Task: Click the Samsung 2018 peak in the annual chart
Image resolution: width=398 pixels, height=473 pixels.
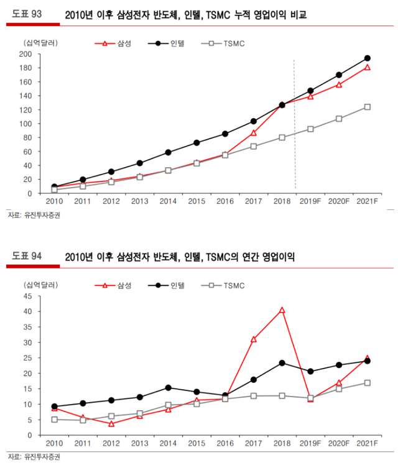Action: pyautogui.click(x=282, y=310)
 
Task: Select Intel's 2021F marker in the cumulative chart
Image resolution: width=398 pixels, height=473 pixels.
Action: pyautogui.click(x=367, y=58)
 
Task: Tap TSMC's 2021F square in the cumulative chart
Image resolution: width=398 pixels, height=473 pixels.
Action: pyautogui.click(x=367, y=107)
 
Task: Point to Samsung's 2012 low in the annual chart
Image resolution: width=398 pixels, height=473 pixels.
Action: pyautogui.click(x=111, y=424)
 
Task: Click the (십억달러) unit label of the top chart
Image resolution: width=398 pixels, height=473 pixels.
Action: pyautogui.click(x=40, y=42)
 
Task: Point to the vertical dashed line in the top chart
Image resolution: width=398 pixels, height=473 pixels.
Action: pyautogui.click(x=295, y=124)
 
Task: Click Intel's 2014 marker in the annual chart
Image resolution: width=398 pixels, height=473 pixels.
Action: pyautogui.click(x=168, y=388)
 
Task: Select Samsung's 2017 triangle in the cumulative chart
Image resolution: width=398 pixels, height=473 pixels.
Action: pyautogui.click(x=253, y=132)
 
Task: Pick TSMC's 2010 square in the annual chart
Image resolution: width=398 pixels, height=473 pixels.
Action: pyautogui.click(x=55, y=420)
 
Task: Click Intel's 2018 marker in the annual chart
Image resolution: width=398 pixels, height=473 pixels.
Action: pyautogui.click(x=282, y=363)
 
